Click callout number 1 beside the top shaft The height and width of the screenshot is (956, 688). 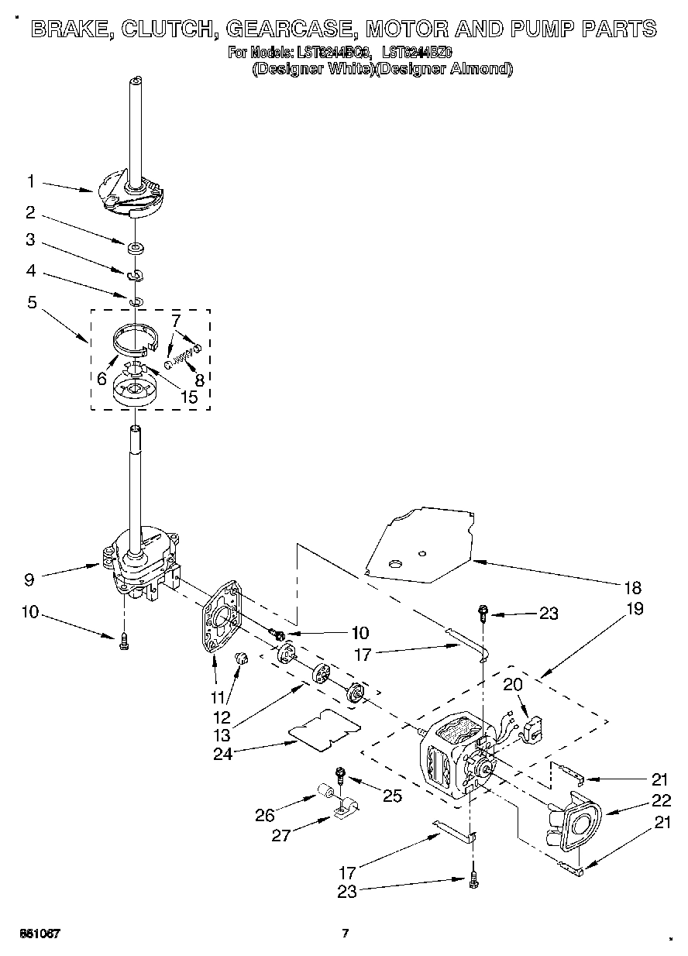point(30,182)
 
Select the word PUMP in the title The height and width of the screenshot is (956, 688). point(533,29)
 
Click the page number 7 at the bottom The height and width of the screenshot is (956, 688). point(346,933)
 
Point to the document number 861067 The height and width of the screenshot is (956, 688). point(40,933)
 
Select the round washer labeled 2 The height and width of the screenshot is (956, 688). point(136,248)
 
